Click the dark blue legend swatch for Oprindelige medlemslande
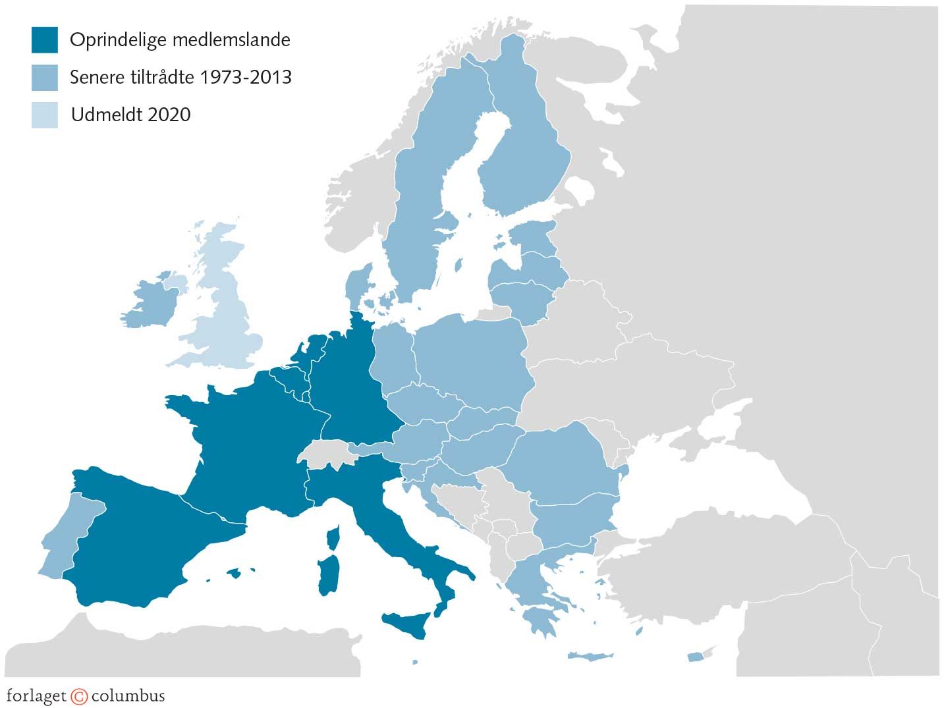[x=44, y=40]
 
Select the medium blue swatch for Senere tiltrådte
[x=44, y=77]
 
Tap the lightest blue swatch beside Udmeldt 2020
[x=44, y=115]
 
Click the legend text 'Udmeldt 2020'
[x=130, y=115]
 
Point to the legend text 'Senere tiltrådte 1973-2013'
[x=180, y=77]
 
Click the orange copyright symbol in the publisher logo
[x=79, y=697]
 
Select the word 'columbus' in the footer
[x=128, y=696]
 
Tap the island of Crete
[x=590, y=657]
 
